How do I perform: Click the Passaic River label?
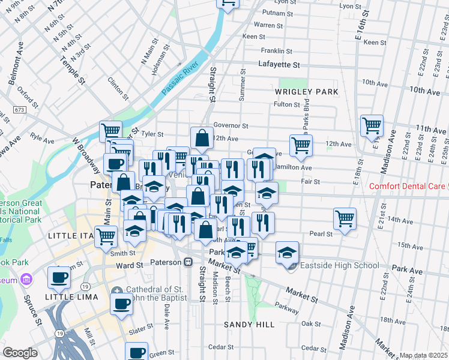click(x=180, y=77)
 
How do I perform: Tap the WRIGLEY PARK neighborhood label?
click(x=307, y=92)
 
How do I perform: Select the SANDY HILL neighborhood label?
click(x=249, y=325)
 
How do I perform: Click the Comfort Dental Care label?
click(x=408, y=186)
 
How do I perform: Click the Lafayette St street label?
click(x=279, y=64)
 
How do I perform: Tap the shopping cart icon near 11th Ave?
click(x=372, y=126)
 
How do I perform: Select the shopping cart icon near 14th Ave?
click(x=345, y=218)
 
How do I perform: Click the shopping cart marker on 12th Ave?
click(x=300, y=145)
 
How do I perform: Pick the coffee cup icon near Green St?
click(x=136, y=352)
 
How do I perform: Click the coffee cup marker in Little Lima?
click(x=59, y=277)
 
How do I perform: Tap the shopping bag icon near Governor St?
click(x=202, y=137)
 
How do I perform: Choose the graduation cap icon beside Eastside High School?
click(x=288, y=251)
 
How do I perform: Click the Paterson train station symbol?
click(x=188, y=262)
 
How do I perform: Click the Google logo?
click(x=20, y=353)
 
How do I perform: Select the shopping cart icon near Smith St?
click(x=106, y=236)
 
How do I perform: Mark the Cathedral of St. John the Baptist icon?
click(x=116, y=290)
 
